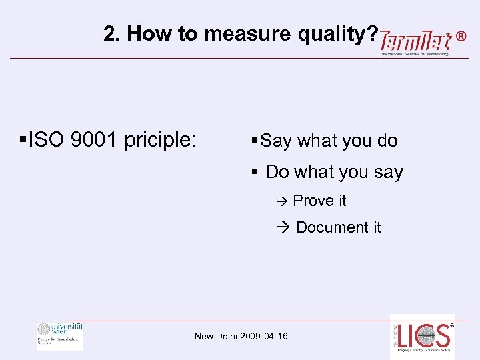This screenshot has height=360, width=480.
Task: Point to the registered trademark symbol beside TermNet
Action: point(461,38)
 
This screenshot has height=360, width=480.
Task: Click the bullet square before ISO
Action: point(23,140)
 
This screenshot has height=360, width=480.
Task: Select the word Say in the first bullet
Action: point(277,141)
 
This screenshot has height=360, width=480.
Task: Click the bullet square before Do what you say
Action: point(255,172)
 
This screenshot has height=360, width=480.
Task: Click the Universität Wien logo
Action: point(60,335)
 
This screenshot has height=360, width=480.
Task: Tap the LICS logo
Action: point(422,337)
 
